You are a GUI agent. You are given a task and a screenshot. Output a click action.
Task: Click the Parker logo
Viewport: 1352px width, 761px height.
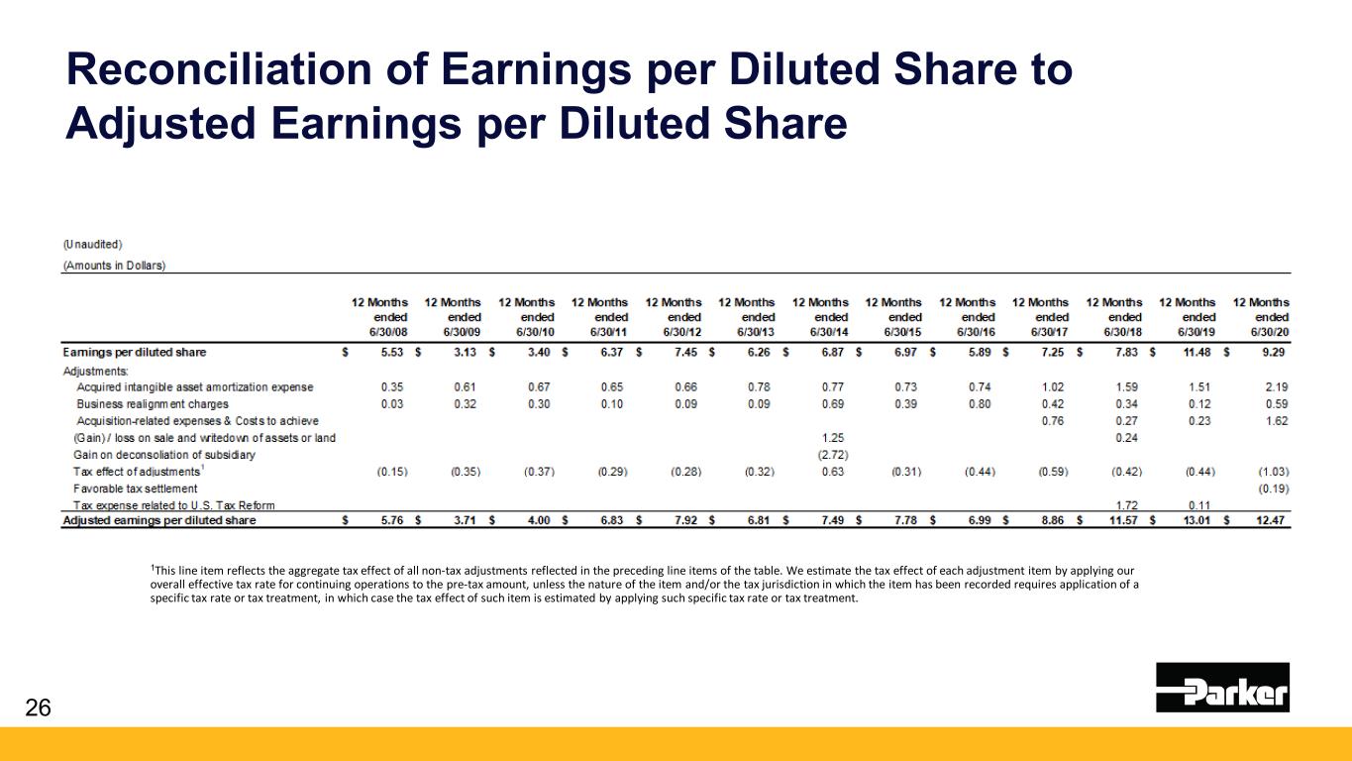pyautogui.click(x=1222, y=688)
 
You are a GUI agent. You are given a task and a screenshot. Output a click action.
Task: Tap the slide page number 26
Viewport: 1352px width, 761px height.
pyautogui.click(x=37, y=707)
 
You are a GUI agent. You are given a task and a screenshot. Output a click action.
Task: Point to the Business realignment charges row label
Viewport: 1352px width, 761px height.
pyautogui.click(x=153, y=403)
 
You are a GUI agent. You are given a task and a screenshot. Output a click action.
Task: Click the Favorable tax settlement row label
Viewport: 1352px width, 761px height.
pyautogui.click(x=135, y=489)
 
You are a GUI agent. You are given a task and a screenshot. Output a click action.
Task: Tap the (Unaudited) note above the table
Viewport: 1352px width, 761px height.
pyautogui.click(x=93, y=244)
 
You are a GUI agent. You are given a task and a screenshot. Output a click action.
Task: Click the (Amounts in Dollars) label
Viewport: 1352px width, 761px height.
pyautogui.click(x=114, y=265)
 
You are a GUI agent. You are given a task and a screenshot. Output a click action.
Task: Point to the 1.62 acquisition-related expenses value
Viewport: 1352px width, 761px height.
pyautogui.click(x=1273, y=420)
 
